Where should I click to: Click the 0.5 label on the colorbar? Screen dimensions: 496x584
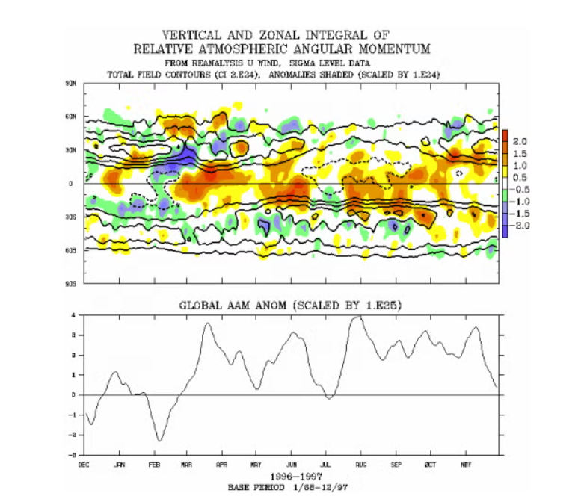point(520,177)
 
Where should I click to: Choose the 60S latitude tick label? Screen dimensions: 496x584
point(72,250)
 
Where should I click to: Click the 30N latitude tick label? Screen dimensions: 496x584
point(72,150)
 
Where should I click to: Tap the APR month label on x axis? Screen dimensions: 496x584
point(221,464)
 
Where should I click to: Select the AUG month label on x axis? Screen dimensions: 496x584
point(360,464)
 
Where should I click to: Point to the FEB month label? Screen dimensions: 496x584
point(153,464)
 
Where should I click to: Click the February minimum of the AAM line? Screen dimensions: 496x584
point(159,441)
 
